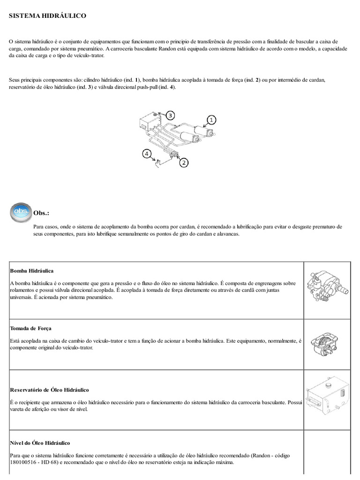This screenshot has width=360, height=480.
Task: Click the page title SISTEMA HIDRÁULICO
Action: pyautogui.click(x=47, y=16)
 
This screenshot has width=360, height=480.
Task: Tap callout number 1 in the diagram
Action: pyautogui.click(x=211, y=120)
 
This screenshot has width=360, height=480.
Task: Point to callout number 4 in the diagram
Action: pyautogui.click(x=147, y=153)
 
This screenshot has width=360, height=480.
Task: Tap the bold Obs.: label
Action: pyautogui.click(x=41, y=213)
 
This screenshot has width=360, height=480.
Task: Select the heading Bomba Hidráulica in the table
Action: pyautogui.click(x=31, y=271)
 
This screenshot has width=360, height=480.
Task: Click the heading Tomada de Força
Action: pyautogui.click(x=30, y=328)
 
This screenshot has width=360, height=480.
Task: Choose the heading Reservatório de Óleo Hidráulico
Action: pyautogui.click(x=49, y=390)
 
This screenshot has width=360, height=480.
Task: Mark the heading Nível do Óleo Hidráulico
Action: pyautogui.click(x=40, y=442)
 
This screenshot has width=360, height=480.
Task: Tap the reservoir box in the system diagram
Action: pyautogui.click(x=148, y=122)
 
